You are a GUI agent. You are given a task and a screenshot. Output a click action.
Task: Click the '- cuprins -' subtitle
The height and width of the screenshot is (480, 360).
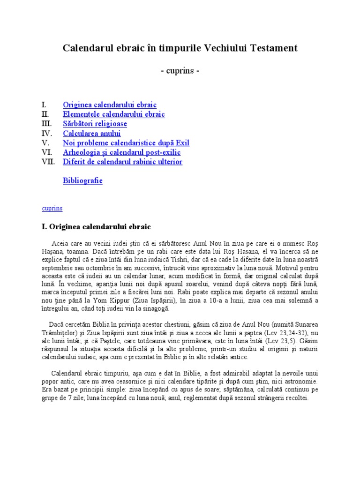[180, 71]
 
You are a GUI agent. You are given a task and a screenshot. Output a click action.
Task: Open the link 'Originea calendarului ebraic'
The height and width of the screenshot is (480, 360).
[110, 105]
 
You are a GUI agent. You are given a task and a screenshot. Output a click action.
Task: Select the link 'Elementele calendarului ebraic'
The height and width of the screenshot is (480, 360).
[114, 114]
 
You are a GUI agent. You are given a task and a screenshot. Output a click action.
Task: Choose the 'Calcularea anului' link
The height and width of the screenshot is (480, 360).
[92, 134]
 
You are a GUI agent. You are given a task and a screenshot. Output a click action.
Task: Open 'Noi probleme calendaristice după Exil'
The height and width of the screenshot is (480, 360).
[126, 143]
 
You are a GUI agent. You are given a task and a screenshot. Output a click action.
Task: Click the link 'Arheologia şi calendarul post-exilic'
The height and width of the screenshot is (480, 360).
[122, 152]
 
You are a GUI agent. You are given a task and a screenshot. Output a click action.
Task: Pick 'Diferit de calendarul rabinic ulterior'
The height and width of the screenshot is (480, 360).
[122, 162]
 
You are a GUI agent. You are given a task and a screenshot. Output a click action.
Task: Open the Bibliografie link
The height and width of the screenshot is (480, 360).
[82, 180]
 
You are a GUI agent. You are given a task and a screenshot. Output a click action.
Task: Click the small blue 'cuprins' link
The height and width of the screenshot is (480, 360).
[52, 208]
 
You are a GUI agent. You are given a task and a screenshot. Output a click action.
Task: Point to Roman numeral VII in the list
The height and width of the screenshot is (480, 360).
[48, 162]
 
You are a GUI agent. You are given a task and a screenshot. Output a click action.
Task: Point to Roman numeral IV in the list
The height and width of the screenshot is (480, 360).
[46, 134]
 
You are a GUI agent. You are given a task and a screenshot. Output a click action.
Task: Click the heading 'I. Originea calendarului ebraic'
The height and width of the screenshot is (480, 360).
[96, 227]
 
